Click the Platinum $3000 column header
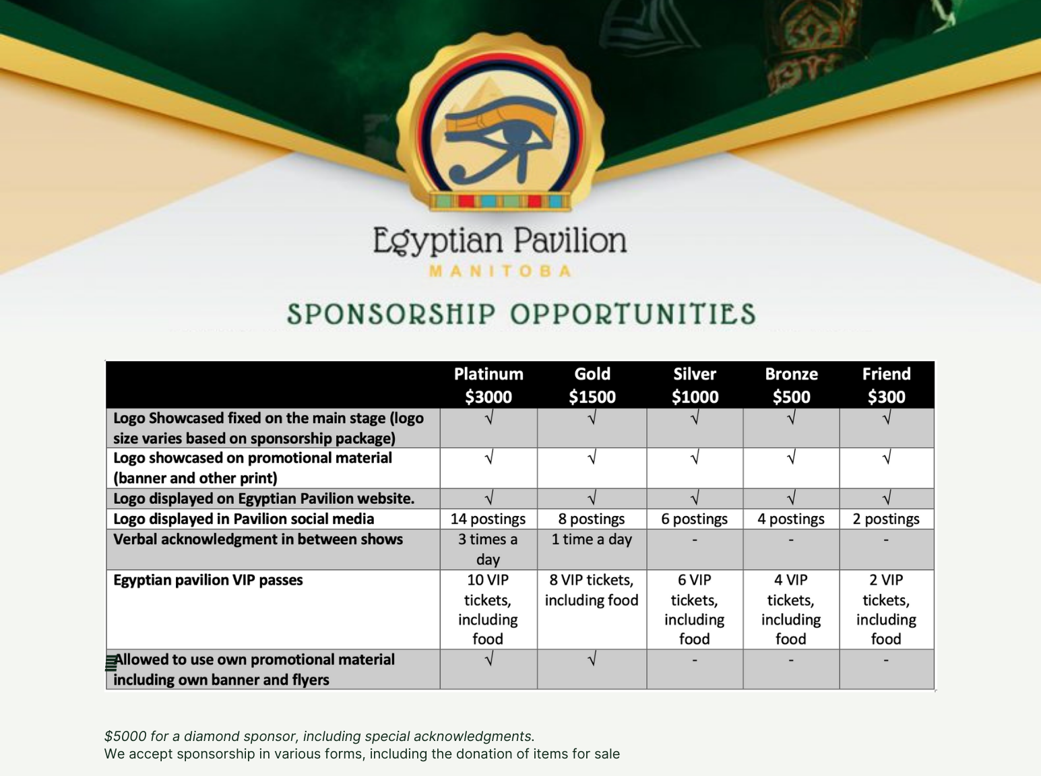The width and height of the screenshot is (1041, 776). (488, 385)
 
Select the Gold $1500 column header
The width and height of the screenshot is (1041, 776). (592, 385)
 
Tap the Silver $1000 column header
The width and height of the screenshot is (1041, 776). (695, 385)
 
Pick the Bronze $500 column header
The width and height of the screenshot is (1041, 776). (791, 385)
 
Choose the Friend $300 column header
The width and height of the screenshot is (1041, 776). (887, 385)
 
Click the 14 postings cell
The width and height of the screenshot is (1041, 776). (488, 519)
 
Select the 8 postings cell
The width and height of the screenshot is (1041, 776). (592, 519)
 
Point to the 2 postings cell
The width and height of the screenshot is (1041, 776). (886, 519)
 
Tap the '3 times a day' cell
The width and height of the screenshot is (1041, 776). (488, 550)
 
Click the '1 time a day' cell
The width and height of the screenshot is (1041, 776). (592, 540)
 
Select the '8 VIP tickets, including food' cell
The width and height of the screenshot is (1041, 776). (592, 590)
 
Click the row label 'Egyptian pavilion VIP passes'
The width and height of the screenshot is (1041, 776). (208, 580)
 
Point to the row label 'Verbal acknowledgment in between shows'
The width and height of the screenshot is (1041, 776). (258, 540)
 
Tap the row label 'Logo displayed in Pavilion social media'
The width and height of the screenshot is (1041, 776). (243, 519)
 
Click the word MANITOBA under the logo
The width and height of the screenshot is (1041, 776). (501, 271)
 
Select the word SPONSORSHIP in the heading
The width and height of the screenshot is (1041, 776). (391, 315)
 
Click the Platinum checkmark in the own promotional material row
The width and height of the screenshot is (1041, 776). (489, 658)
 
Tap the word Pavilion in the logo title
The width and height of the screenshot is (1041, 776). (570, 240)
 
